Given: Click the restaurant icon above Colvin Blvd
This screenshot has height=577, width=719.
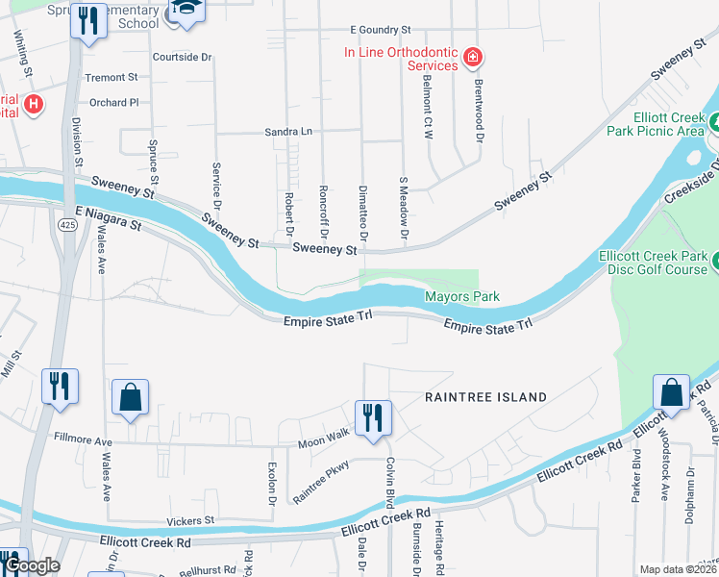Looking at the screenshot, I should tap(373, 418).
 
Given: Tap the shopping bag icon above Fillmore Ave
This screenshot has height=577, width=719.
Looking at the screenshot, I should tap(130, 398).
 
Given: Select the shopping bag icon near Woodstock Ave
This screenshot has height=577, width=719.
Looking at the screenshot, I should tap(671, 392).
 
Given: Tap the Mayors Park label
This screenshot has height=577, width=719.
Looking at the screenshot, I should tap(462, 297).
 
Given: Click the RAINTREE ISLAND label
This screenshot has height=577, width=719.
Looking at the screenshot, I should tap(486, 396).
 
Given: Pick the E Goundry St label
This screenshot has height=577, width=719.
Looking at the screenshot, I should tap(381, 31).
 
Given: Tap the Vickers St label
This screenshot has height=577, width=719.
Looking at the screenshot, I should tap(189, 520).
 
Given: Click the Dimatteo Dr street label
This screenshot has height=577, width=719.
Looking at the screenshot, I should tap(362, 213).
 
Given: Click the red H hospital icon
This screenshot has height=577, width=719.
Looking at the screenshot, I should tap(34, 104).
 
